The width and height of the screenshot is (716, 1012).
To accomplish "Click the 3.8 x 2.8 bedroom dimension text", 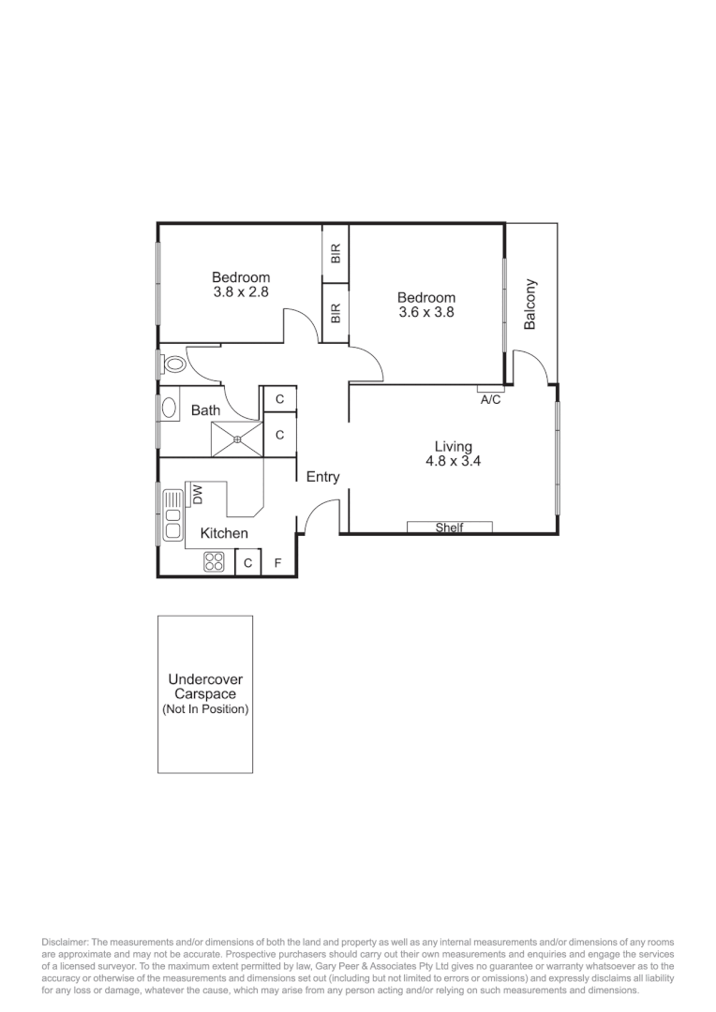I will coord(241,292).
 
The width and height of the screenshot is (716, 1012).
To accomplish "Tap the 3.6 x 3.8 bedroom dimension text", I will coord(426,313).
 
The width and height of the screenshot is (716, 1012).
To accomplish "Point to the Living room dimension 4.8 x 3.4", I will coord(453,461).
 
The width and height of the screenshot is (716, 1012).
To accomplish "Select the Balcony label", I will coord(530,304).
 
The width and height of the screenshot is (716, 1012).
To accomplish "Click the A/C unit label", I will coord(490,399).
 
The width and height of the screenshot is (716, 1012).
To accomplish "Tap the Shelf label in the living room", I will coord(450,528).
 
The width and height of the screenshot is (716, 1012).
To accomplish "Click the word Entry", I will coord(323,477).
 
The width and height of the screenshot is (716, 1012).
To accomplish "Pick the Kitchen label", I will coord(225,533).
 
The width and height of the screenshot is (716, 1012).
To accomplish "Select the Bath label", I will coord(206,409).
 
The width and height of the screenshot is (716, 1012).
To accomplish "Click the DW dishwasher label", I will coord(198,493).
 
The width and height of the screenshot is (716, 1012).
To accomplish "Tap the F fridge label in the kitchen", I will coord(277,563).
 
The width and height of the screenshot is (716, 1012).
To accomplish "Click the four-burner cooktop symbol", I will coord(215,562).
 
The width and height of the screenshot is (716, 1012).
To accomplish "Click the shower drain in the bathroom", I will coord(237,439).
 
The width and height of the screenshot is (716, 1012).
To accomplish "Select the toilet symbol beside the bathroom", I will coord(173,363).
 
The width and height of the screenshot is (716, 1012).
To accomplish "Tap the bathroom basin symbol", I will coord(170,409).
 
